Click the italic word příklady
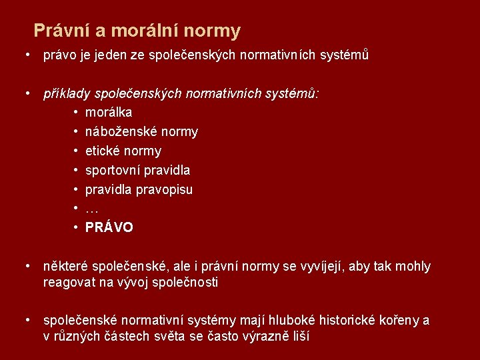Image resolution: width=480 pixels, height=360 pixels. (x=67, y=94)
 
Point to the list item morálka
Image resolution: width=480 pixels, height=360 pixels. (x=109, y=113)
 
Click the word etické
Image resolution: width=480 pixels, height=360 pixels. (x=103, y=151)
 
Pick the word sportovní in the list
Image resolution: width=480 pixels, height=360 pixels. (x=113, y=170)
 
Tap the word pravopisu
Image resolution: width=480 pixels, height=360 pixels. (x=165, y=189)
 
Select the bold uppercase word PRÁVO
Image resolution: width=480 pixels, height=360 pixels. (x=109, y=228)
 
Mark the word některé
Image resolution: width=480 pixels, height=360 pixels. (x=66, y=267)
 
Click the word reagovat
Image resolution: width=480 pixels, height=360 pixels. (x=69, y=282)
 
